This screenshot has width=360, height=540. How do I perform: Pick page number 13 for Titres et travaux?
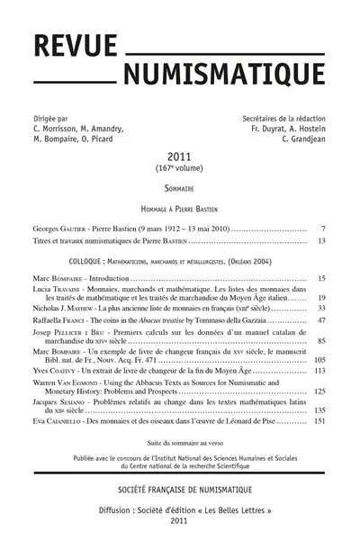(x=320, y=241)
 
